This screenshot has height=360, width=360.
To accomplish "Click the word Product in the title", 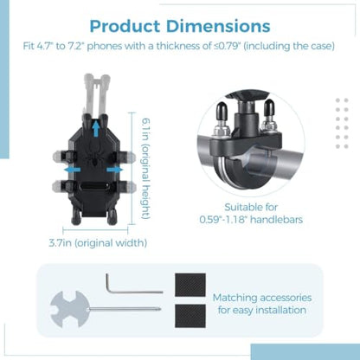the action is (125, 26).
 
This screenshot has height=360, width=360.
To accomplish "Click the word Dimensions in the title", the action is (218, 26).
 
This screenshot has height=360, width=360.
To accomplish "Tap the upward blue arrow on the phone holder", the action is (96, 129).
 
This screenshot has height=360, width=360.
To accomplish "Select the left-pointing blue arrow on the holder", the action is (73, 170).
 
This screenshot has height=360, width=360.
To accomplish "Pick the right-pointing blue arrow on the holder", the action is (115, 170).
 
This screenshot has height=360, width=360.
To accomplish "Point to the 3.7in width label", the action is (98, 243).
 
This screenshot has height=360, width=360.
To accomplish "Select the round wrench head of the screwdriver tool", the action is (68, 309).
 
